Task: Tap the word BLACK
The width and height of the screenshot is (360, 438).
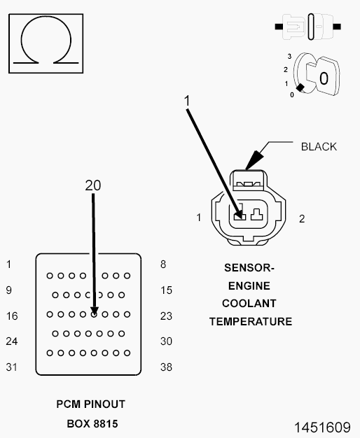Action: (x=319, y=147)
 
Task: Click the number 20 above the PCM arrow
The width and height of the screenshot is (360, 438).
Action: (x=93, y=185)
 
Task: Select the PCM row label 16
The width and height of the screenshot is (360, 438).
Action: (x=12, y=316)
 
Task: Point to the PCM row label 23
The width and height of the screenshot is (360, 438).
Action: (x=166, y=316)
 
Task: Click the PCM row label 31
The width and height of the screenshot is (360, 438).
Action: (x=12, y=367)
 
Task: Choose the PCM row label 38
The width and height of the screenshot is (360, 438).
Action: (x=166, y=367)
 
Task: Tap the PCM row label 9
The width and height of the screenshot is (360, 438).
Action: (x=9, y=290)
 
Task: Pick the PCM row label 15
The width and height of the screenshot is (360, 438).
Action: (x=166, y=290)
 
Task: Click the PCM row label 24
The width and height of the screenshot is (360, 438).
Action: (x=12, y=341)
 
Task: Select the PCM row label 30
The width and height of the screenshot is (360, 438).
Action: (x=166, y=341)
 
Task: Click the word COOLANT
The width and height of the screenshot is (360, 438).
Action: (x=249, y=304)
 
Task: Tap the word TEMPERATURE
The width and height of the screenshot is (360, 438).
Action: (x=251, y=322)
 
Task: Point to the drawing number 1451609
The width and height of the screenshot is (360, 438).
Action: (x=322, y=428)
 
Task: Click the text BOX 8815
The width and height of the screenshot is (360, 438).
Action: (x=92, y=424)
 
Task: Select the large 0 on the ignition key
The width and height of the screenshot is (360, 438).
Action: (x=324, y=78)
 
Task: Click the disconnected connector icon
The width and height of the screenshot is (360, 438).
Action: (x=307, y=27)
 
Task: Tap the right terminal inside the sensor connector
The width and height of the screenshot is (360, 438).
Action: (x=256, y=215)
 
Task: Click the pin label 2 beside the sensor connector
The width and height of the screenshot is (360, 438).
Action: (x=302, y=219)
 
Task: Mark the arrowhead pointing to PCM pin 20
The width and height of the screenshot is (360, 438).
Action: (x=95, y=311)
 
